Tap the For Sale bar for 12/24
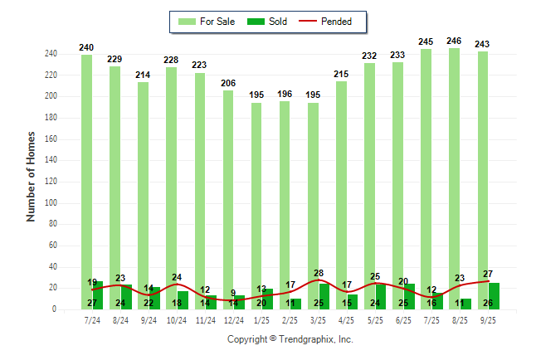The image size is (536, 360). pyautogui.click(x=228, y=182)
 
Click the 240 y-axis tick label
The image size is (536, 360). pyautogui.click(x=50, y=54)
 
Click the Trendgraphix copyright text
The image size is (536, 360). pyautogui.click(x=290, y=339)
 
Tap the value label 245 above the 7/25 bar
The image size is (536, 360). pyautogui.click(x=426, y=41)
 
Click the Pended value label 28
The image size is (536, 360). pyautogui.click(x=319, y=273)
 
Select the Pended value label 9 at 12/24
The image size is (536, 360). pyautogui.click(x=233, y=293)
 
